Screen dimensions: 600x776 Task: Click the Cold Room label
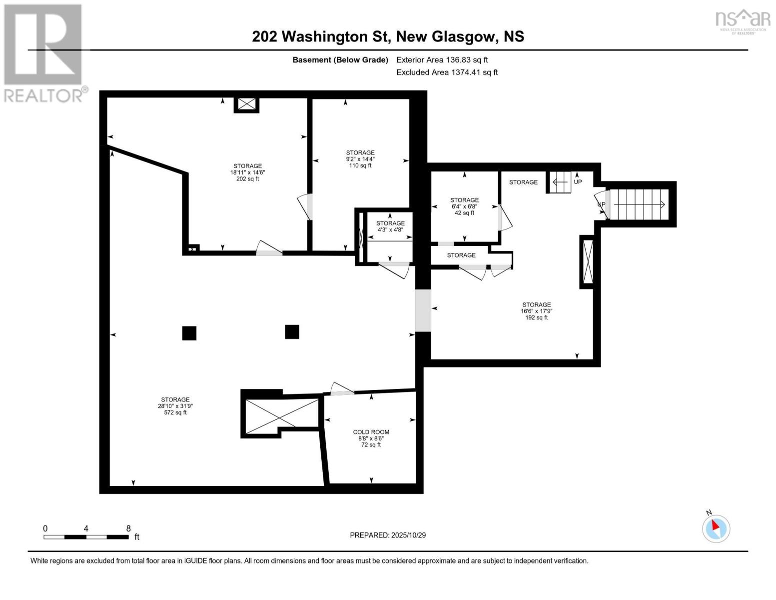(x=371, y=432)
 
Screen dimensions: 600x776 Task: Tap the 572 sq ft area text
(x=175, y=413)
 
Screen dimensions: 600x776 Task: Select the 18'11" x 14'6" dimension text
(x=247, y=172)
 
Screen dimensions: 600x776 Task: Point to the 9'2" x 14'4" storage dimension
(x=360, y=159)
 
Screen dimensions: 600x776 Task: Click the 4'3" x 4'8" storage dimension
(x=390, y=230)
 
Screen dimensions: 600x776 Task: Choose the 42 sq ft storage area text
(x=464, y=213)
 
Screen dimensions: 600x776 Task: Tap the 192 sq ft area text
(x=536, y=317)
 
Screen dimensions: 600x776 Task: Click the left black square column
(x=189, y=333)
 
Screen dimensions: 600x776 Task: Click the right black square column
(x=292, y=332)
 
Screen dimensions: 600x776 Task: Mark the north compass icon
(x=716, y=528)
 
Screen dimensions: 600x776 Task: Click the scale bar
(x=86, y=537)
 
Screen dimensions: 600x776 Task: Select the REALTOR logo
(x=44, y=53)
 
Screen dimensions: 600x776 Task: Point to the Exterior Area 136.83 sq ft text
(x=442, y=60)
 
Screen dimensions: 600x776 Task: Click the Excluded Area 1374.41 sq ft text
(x=447, y=72)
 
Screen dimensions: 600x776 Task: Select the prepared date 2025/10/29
(x=388, y=535)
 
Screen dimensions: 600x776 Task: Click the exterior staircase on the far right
(x=640, y=204)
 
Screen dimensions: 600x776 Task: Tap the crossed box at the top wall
(x=246, y=104)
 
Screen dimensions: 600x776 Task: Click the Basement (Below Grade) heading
(x=340, y=60)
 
